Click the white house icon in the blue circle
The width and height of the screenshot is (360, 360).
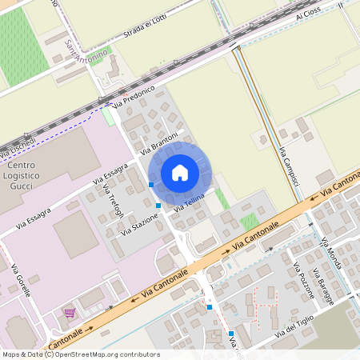tap(179, 172)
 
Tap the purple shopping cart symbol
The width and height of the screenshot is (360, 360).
tap(70, 313)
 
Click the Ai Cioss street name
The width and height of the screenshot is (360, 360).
tap(308, 15)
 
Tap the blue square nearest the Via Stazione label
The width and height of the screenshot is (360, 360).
tap(158, 206)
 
